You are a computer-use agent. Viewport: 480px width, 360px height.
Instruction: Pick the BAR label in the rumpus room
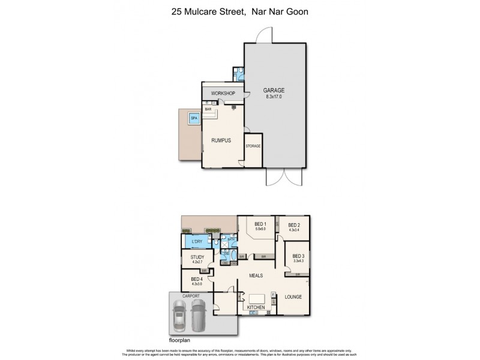pyautogui.click(x=209, y=109)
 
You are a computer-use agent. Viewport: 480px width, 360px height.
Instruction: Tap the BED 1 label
pyautogui.click(x=260, y=224)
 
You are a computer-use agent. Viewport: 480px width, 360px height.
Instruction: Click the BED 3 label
pyautogui.click(x=298, y=256)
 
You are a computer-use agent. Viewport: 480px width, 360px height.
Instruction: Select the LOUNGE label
pyautogui.click(x=293, y=297)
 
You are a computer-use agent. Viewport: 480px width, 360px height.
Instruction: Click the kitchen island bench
pyautogui.click(x=256, y=298)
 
